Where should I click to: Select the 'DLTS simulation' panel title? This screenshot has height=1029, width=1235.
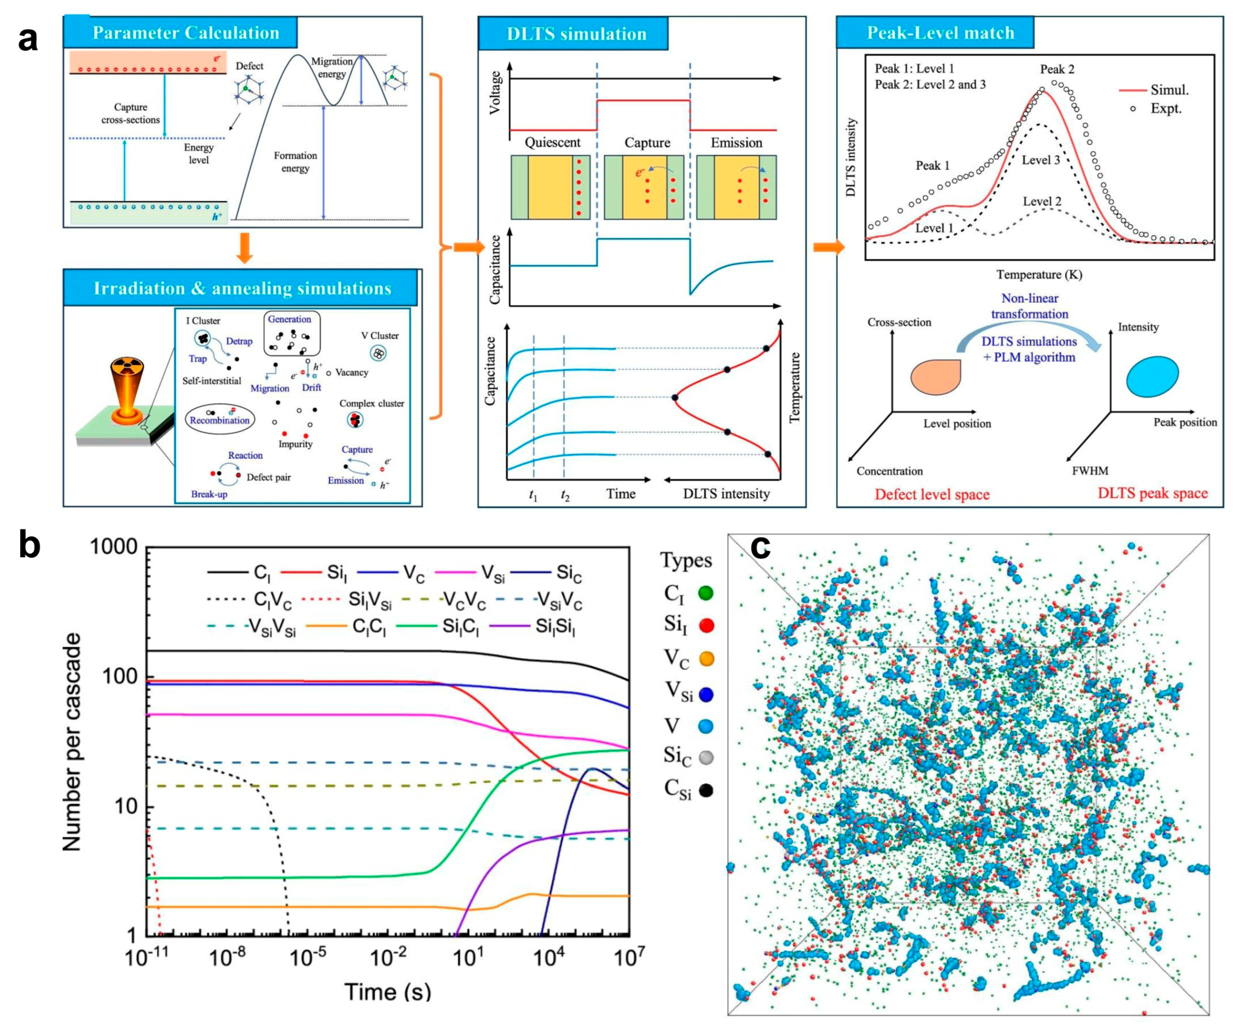[577, 34]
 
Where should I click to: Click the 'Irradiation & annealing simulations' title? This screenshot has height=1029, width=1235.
[242, 288]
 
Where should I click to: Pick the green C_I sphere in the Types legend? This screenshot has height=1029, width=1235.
[706, 593]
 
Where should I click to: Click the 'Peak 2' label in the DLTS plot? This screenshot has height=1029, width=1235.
[1057, 69]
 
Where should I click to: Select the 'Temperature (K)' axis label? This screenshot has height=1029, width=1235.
[1039, 274]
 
